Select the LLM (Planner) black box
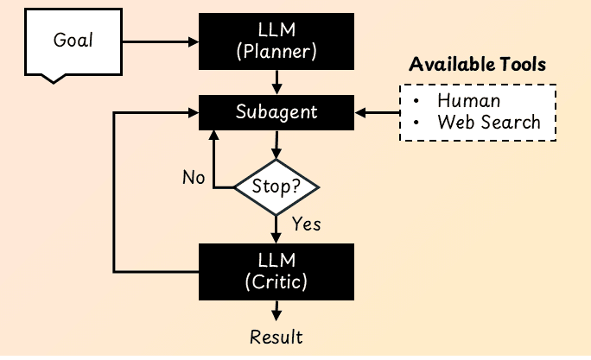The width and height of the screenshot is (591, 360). [276, 41]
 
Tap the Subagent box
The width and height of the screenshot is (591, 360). [276, 112]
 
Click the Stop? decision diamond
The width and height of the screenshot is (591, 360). [276, 186]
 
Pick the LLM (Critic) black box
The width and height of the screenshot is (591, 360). [276, 271]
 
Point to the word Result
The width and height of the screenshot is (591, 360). [276, 336]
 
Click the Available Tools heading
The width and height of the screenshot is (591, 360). [477, 66]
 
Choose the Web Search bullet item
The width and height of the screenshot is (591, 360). [488, 122]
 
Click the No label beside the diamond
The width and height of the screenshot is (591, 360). [194, 178]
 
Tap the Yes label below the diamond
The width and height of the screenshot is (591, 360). [306, 224]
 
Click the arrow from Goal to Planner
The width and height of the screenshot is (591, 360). [161, 41]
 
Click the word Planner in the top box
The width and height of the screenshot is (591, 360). [276, 52]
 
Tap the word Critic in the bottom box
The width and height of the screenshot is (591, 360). [276, 281]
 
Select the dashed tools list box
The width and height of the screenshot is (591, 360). [477, 112]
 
